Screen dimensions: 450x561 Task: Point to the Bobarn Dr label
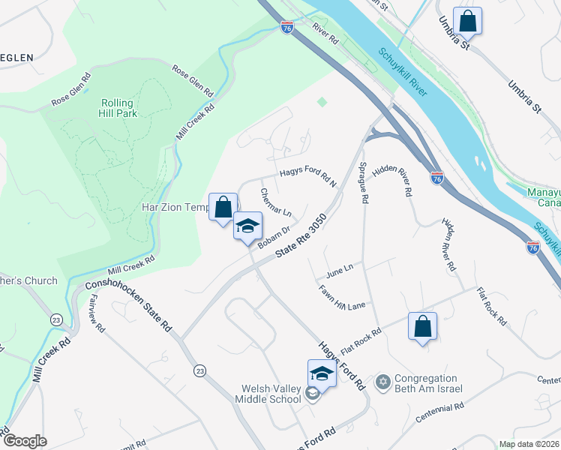273,238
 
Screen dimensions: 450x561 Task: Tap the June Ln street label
339,267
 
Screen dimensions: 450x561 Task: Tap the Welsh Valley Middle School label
271,394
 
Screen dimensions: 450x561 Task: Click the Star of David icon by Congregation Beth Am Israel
383,383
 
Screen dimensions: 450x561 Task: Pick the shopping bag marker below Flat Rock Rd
423,326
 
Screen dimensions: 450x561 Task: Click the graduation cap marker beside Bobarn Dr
247,226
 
